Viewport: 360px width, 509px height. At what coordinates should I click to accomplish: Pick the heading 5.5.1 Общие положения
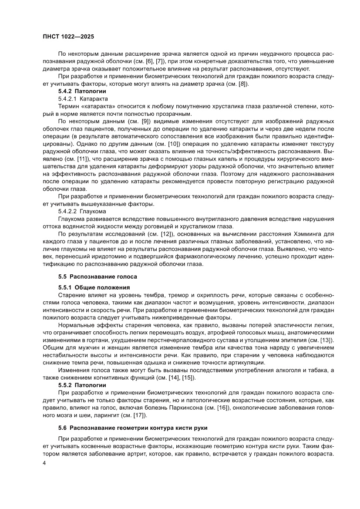(x=94, y=287)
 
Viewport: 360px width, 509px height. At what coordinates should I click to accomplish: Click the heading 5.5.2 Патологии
(x=82, y=385)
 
